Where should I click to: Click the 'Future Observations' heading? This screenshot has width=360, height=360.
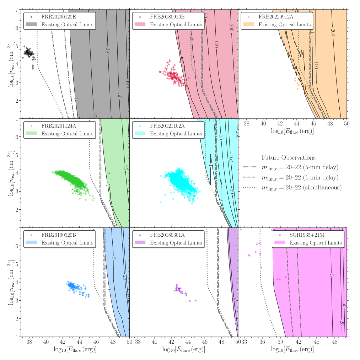(289, 157)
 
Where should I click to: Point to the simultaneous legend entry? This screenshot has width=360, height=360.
(301, 187)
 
